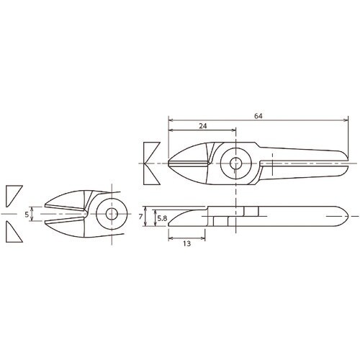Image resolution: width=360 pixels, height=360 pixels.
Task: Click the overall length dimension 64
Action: pos(258,115)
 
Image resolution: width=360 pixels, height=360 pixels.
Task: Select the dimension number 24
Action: pos(202,126)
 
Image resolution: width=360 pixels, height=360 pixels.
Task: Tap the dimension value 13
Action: pos(186,244)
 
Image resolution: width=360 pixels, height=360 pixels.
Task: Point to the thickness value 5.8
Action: pos(162,217)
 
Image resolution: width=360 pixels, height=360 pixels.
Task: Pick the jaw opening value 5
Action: pos(27,214)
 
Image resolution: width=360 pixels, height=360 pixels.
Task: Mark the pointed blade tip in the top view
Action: pos(169,164)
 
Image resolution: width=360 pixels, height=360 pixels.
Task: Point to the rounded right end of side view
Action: pos(348,217)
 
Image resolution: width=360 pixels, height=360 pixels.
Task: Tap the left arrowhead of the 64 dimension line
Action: pos(170,120)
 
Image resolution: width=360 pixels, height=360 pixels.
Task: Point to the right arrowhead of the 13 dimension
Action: pos(208,236)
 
